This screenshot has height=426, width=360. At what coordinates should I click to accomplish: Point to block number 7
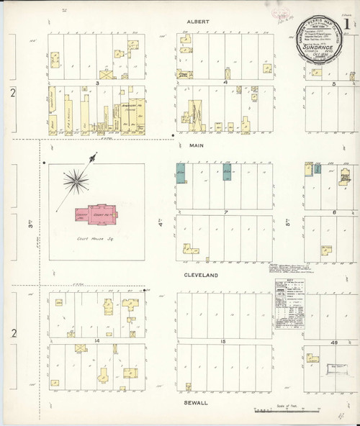click(x=225, y=213)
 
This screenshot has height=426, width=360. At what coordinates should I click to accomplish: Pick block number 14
click(x=95, y=339)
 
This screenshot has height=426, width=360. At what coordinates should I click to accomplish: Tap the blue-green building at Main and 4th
click(x=181, y=173)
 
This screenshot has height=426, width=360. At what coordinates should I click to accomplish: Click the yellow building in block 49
click(x=313, y=356)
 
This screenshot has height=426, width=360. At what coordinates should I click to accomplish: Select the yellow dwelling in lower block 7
click(x=192, y=248)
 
